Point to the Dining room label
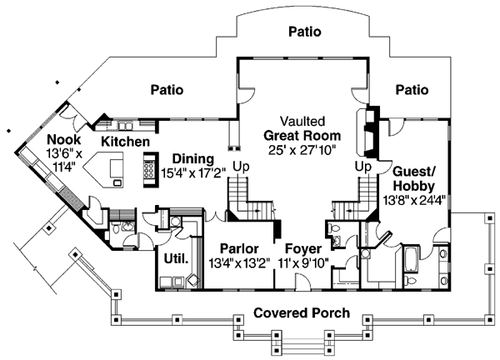click(192, 158)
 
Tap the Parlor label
click(239, 249)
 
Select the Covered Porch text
click(302, 313)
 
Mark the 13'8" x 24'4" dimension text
click(414, 201)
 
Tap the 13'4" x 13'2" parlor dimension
click(239, 264)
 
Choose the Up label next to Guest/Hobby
click(363, 166)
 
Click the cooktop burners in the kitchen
click(150, 169)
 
